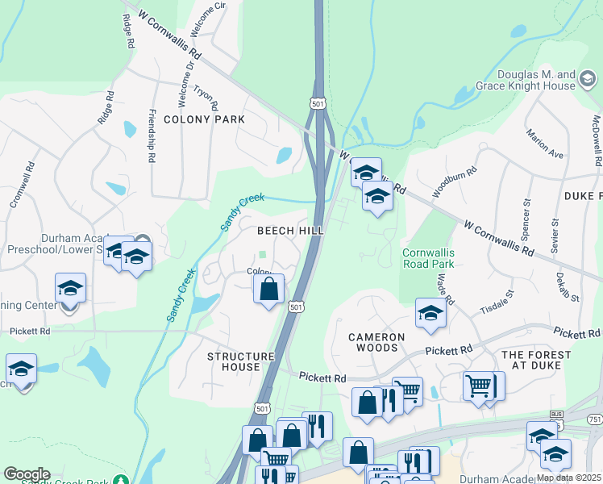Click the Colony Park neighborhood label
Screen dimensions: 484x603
[x=204, y=119]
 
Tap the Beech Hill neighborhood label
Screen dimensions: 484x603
[x=290, y=231]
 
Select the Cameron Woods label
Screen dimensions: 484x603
[x=373, y=342]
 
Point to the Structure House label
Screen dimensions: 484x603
[x=234, y=361]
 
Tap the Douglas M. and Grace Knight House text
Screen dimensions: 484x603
[x=536, y=80]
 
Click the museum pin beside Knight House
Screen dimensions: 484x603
[x=588, y=80]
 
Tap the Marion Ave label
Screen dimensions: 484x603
[x=544, y=142]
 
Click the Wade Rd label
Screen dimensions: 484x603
[x=445, y=288]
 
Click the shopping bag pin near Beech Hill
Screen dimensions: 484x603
[x=269, y=288]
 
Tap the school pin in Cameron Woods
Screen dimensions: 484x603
[x=430, y=313]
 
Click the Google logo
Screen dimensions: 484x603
[x=27, y=474]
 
